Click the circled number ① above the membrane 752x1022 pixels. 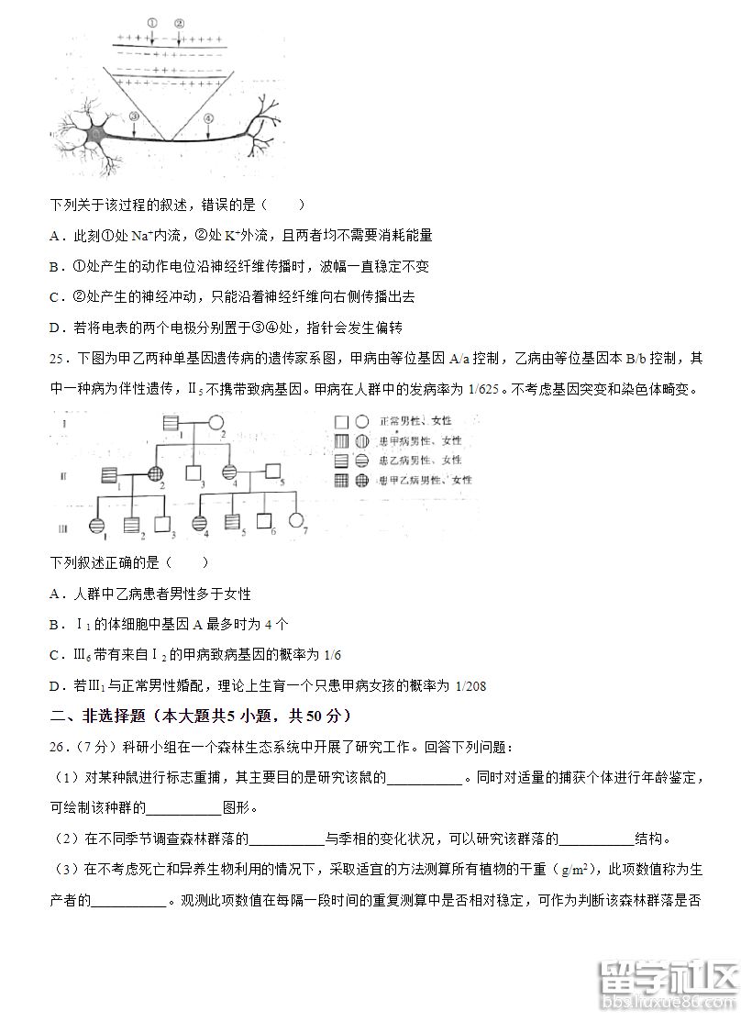tap(152, 23)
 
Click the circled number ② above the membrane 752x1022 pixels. tap(179, 23)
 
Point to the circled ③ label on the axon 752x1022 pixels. tap(134, 117)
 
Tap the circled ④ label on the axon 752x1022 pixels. tap(207, 117)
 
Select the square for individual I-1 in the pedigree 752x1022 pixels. tap(171, 424)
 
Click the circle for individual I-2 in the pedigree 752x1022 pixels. tap(218, 424)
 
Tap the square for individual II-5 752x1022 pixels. tap(272, 472)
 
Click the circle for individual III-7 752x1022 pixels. tap(296, 521)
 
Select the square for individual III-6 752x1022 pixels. tap(265, 521)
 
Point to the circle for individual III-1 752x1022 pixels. tap(97, 525)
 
